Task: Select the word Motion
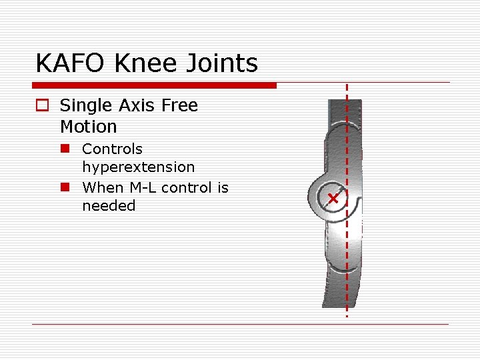point(88,127)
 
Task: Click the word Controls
point(112,149)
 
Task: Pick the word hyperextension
point(138,167)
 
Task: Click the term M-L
point(143,187)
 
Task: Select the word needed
point(108,206)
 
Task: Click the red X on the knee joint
point(333,199)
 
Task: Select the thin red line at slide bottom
point(240,325)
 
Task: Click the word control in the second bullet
point(187,187)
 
